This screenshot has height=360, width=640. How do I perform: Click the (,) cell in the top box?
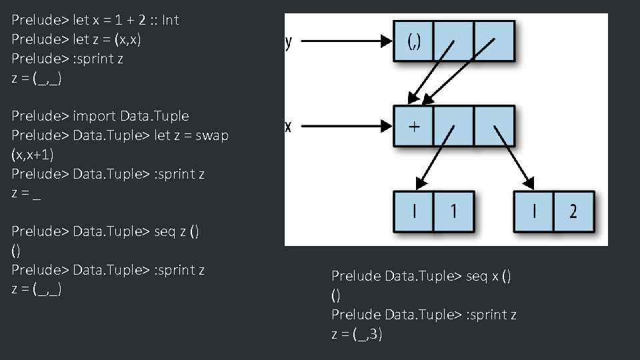[x=413, y=41]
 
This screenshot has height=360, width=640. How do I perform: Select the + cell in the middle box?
[x=413, y=126]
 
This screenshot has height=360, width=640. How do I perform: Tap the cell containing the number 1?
[x=454, y=211]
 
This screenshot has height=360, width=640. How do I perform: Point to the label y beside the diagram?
[x=288, y=43]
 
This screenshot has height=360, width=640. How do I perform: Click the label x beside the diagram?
[x=288, y=126]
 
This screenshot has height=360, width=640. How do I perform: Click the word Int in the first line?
[x=170, y=20]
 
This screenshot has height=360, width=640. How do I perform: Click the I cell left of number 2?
[x=533, y=211]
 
